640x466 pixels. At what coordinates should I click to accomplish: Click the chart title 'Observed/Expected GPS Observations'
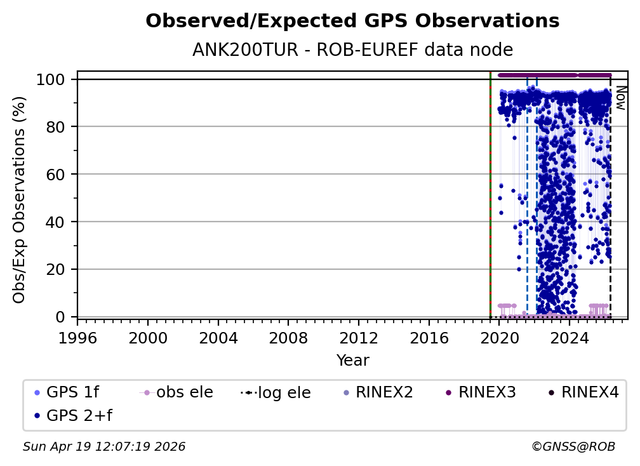[352, 22]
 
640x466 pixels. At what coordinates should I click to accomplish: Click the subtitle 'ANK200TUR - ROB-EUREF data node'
[352, 50]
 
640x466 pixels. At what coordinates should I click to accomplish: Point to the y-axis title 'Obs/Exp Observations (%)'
[20, 199]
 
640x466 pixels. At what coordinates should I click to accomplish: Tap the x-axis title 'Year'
[352, 361]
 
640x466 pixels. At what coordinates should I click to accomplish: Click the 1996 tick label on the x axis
[77, 336]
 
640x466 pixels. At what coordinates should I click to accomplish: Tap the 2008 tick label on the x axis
[288, 336]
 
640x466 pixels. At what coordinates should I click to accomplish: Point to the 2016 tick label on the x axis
[429, 336]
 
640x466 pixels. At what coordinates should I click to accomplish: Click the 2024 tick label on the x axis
[570, 336]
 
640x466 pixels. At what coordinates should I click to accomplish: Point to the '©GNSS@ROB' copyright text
[573, 447]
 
